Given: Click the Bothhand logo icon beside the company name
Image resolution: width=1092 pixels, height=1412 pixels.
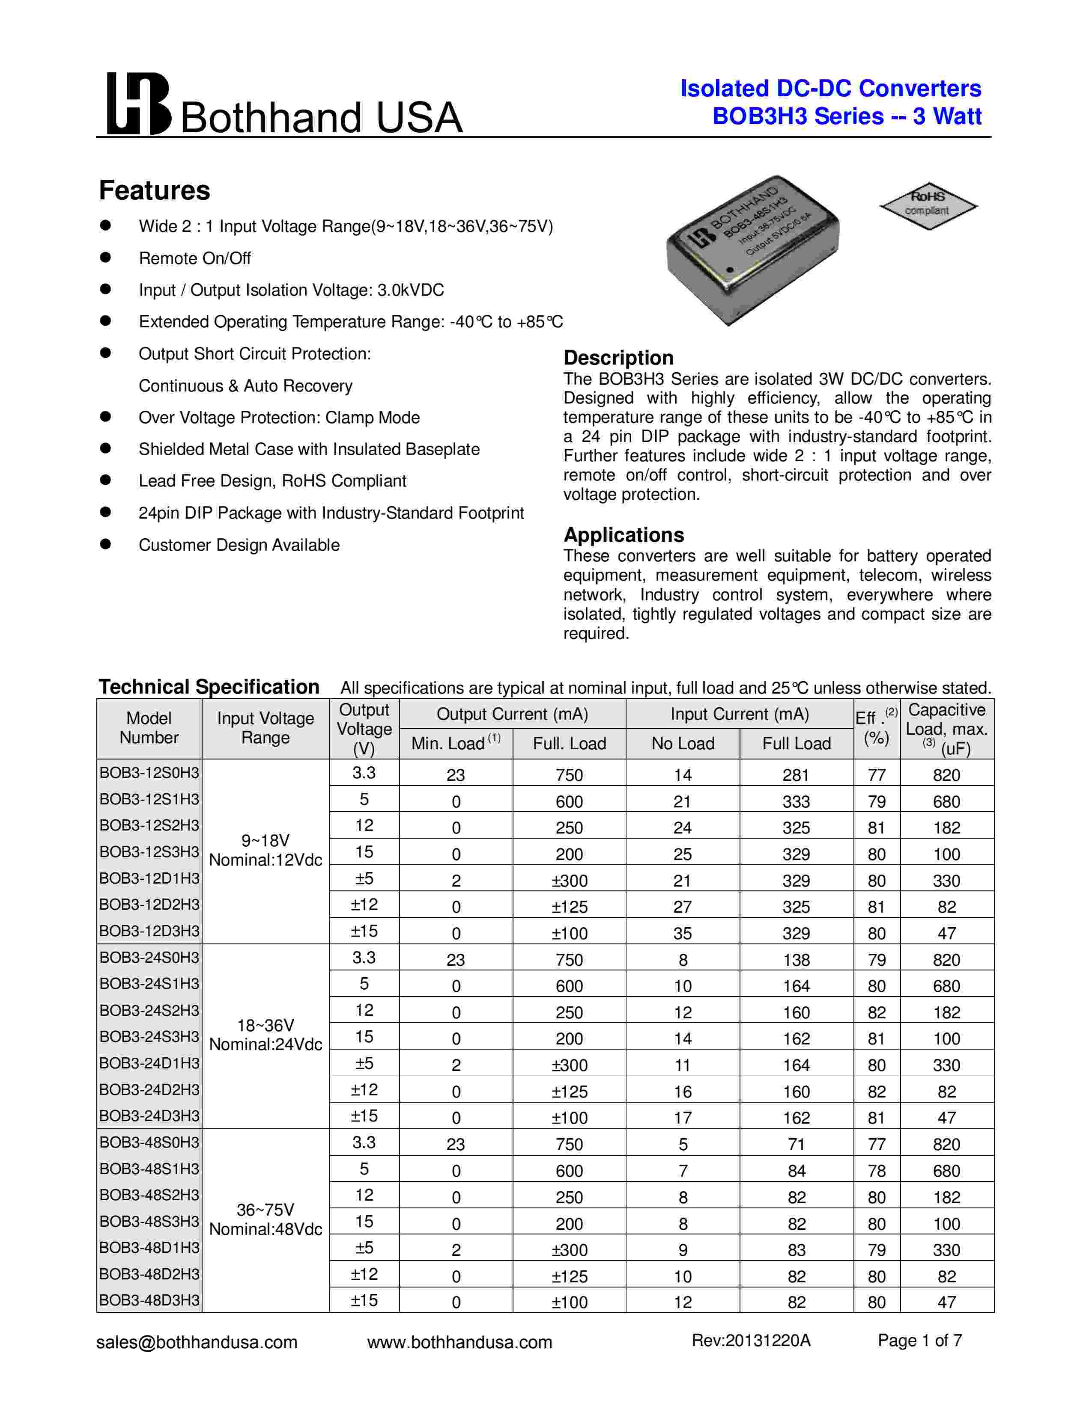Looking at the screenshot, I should (138, 104).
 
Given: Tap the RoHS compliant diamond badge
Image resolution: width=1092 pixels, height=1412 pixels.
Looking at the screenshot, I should (928, 205).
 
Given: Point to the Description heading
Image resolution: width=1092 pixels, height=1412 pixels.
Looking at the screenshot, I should (618, 358).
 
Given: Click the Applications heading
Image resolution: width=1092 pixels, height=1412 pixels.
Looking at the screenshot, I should (624, 535).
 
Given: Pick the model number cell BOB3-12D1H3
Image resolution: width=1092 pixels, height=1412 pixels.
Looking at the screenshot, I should (149, 878).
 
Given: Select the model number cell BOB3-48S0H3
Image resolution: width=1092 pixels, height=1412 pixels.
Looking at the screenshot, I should (149, 1142).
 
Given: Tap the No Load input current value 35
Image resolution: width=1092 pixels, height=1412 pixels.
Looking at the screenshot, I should (683, 933).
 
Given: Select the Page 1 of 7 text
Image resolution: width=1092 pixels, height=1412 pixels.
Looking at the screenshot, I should (919, 1340).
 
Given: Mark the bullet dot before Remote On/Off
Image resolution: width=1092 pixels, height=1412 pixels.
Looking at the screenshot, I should (105, 257).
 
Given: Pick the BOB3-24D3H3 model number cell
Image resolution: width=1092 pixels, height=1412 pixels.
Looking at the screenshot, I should (149, 1116).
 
